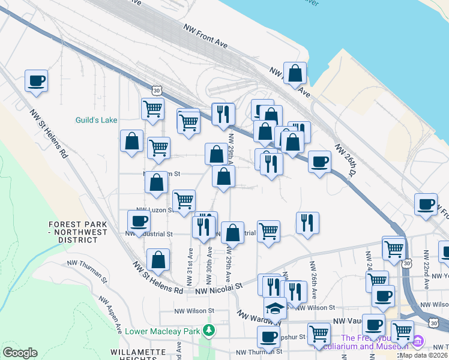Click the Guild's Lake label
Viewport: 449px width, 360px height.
click(96, 120)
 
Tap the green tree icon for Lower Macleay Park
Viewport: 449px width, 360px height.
click(209, 330)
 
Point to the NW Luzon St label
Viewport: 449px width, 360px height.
click(158, 210)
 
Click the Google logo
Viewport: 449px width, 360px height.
click(20, 353)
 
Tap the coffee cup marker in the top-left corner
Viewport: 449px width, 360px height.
click(36, 80)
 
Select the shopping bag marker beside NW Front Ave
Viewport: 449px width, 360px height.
click(295, 74)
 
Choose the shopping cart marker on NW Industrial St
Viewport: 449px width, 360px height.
click(268, 231)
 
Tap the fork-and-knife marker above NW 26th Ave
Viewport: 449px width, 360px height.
click(307, 223)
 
